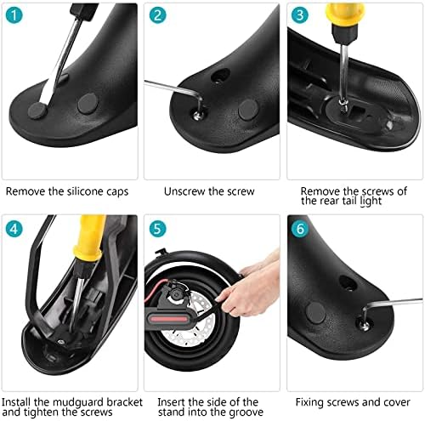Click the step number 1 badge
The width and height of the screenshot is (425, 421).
pyautogui.click(x=14, y=15)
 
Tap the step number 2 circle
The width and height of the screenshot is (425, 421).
pyautogui.click(x=157, y=15)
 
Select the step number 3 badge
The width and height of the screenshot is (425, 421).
pyautogui.click(x=300, y=15)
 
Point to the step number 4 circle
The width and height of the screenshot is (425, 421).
pyautogui.click(x=14, y=229)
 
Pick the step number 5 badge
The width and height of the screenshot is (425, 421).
pyautogui.click(x=157, y=229)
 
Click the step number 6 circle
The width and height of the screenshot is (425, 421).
pyautogui.click(x=300, y=229)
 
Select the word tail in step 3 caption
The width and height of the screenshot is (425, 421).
pyautogui.click(x=349, y=201)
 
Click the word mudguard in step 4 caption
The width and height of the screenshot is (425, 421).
pyautogui.click(x=74, y=402)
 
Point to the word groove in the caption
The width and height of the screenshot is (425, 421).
pyautogui.click(x=246, y=412)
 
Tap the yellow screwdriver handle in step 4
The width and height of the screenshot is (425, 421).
pyautogui.click(x=89, y=237)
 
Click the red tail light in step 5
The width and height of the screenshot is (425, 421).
pyautogui.click(x=169, y=320)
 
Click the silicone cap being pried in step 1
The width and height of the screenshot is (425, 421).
pyautogui.click(x=37, y=111)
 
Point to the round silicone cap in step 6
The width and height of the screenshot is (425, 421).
pyautogui.click(x=316, y=313)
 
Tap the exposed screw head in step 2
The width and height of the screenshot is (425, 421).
pyautogui.click(x=197, y=114)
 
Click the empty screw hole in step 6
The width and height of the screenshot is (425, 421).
pyautogui.click(x=348, y=283)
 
